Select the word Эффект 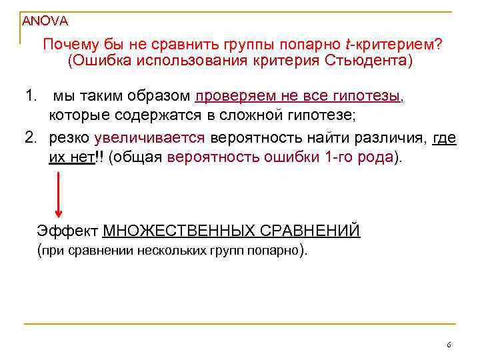(67, 231)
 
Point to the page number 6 (449, 345)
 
